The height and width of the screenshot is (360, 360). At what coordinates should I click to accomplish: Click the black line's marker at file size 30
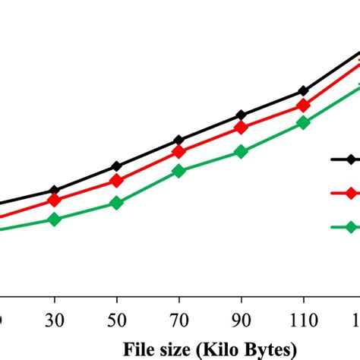[x=54, y=190]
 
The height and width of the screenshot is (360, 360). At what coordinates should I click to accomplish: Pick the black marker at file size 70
[x=178, y=141]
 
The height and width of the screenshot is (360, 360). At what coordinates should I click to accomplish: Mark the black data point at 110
[x=303, y=92]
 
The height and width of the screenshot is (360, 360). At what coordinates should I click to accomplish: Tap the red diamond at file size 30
[x=54, y=201]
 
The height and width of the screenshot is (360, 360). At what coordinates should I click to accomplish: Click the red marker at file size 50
[x=116, y=181]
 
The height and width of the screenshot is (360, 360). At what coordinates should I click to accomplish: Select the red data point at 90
[x=241, y=128]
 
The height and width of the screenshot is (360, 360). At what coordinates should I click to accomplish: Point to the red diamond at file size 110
[x=303, y=106]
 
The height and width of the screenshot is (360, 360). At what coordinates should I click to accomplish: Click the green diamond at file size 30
[x=54, y=219]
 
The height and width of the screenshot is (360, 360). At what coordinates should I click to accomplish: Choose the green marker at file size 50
[x=116, y=204]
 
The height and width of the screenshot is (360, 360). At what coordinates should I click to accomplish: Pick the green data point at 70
[x=178, y=172]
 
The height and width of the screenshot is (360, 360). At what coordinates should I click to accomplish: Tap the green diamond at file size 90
[x=241, y=152]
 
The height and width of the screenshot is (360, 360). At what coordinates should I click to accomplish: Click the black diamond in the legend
[x=351, y=159]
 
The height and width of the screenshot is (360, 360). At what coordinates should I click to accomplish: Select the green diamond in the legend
[x=351, y=226]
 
